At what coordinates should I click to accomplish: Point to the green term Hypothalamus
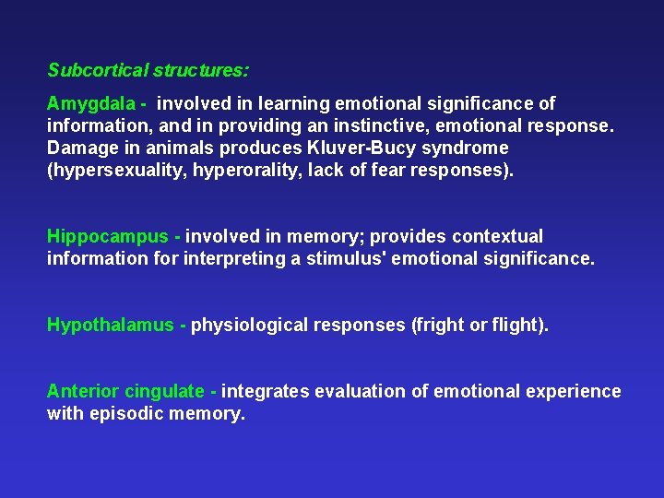click(x=110, y=325)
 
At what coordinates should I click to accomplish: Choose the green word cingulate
click(x=164, y=391)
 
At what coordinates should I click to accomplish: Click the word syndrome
click(x=465, y=148)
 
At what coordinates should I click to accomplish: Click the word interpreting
click(x=235, y=259)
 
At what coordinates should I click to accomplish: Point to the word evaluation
click(x=361, y=391)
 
